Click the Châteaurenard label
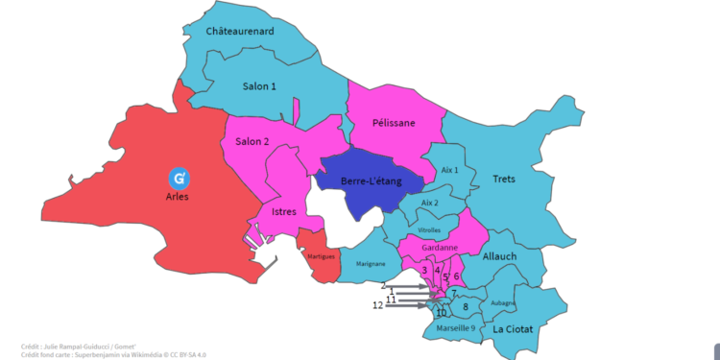tap(240, 32)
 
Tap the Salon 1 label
tap(259, 86)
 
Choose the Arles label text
tap(178, 197)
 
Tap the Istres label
tap(284, 211)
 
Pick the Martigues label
tap(320, 256)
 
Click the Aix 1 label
tap(449, 170)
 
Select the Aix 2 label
tap(428, 203)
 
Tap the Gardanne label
tap(439, 248)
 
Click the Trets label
tap(503, 180)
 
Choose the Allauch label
tap(499, 256)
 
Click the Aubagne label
tap(503, 302)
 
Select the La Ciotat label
tap(513, 329)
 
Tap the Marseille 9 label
tap(455, 328)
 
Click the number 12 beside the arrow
tap(377, 305)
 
